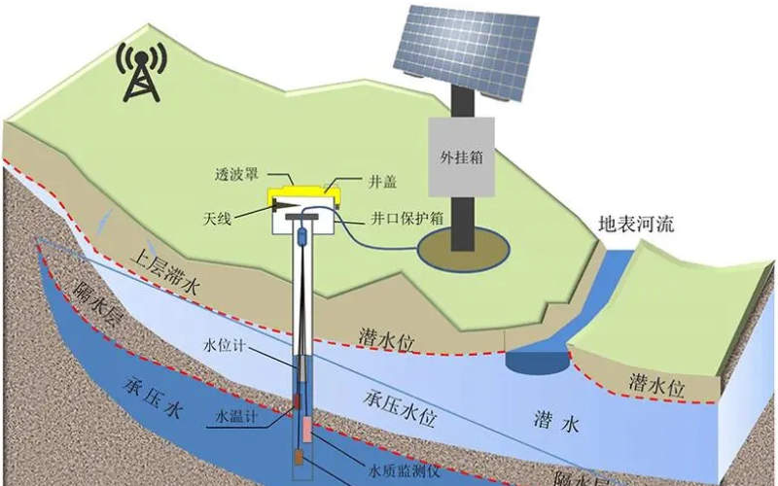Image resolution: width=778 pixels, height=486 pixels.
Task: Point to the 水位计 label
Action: [x=220, y=346]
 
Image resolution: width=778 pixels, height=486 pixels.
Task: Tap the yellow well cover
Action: [x=302, y=197]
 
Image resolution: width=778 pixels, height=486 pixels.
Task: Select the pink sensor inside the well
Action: [x=306, y=429]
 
